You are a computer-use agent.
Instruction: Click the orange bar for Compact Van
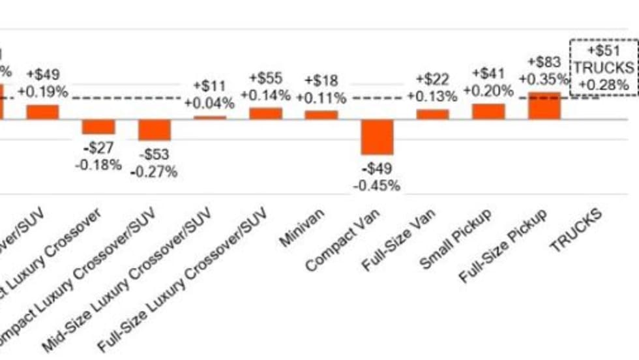(378, 136)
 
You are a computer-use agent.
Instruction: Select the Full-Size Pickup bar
(544, 106)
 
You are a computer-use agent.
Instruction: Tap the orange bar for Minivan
(321, 115)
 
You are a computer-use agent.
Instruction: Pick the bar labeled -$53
(155, 130)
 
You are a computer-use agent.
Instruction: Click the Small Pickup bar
(488, 112)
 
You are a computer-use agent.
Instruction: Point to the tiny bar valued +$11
(210, 117)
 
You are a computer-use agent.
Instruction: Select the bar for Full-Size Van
(433, 114)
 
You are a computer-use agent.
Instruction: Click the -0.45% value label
(378, 186)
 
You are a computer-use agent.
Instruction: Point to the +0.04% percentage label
(209, 103)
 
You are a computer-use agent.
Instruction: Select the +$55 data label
(265, 79)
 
